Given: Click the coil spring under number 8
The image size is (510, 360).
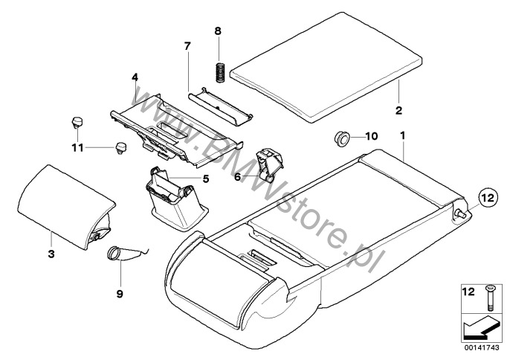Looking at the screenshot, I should pyautogui.click(x=219, y=71).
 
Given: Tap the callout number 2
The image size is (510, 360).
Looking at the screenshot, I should pyautogui.click(x=398, y=111).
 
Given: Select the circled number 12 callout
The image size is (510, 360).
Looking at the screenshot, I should pyautogui.click(x=485, y=199).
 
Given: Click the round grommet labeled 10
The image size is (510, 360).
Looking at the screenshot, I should pyautogui.click(x=343, y=137).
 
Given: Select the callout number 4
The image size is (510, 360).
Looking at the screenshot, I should pyautogui.click(x=135, y=76).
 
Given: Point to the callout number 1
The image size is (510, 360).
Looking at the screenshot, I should pyautogui.click(x=402, y=135).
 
